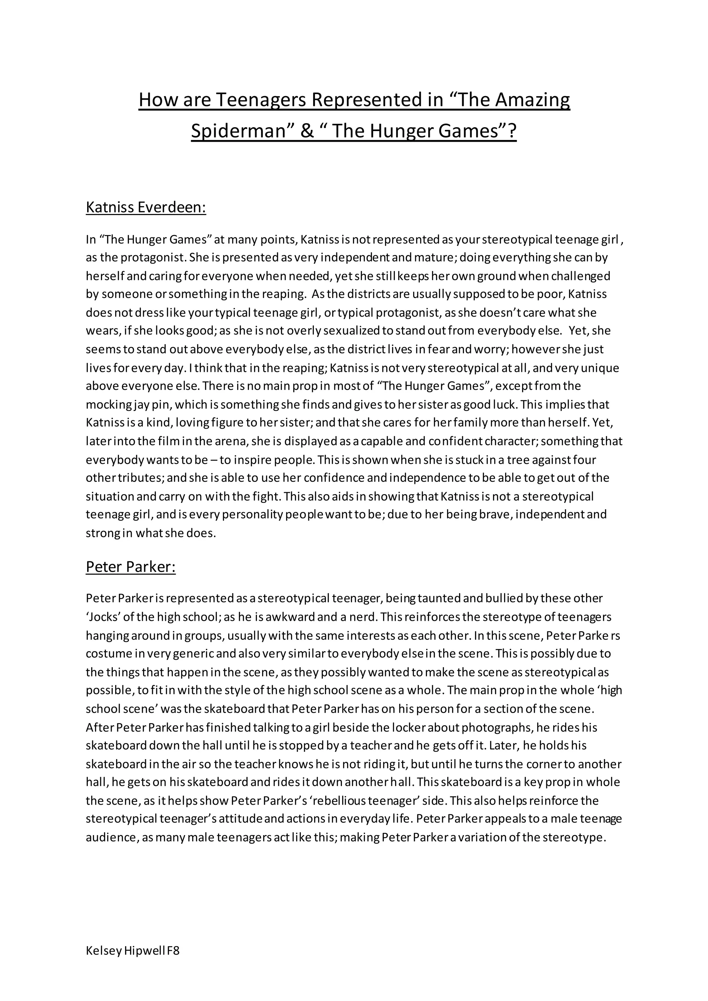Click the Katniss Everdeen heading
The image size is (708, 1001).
(146, 207)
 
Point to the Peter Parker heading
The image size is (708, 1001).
(130, 567)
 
